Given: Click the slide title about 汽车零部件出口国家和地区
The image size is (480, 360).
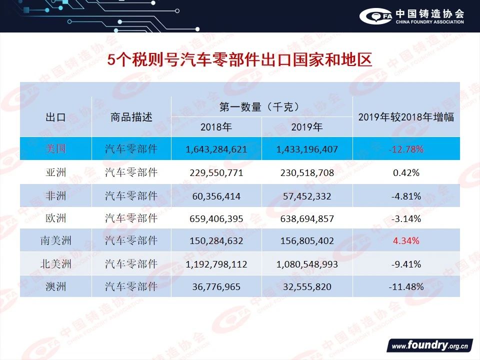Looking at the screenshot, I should (x=240, y=60).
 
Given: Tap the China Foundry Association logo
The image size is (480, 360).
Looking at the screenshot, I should (x=411, y=16).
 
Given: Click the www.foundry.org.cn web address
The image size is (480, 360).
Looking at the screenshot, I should (x=429, y=345).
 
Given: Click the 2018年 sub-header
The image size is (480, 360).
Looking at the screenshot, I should (x=216, y=127).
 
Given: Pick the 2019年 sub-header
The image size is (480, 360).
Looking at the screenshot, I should (x=307, y=127).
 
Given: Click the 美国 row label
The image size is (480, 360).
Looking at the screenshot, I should (x=55, y=149).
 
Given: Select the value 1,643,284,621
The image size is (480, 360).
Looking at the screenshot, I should (x=216, y=149).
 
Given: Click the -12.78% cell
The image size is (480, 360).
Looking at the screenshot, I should (x=406, y=149).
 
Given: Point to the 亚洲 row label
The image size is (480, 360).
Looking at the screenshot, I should (x=55, y=173).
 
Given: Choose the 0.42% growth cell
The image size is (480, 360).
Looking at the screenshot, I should (x=406, y=173).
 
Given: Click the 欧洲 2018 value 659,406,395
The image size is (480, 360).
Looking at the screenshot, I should (x=216, y=219).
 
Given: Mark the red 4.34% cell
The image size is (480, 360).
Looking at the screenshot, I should (x=406, y=241).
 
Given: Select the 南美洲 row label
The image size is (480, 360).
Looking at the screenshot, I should (x=55, y=241).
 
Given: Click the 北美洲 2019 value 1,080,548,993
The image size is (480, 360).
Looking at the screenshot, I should (x=307, y=264).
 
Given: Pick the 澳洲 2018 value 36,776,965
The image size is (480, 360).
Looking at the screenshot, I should (x=216, y=287).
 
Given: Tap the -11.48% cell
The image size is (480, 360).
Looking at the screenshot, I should (x=406, y=287).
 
